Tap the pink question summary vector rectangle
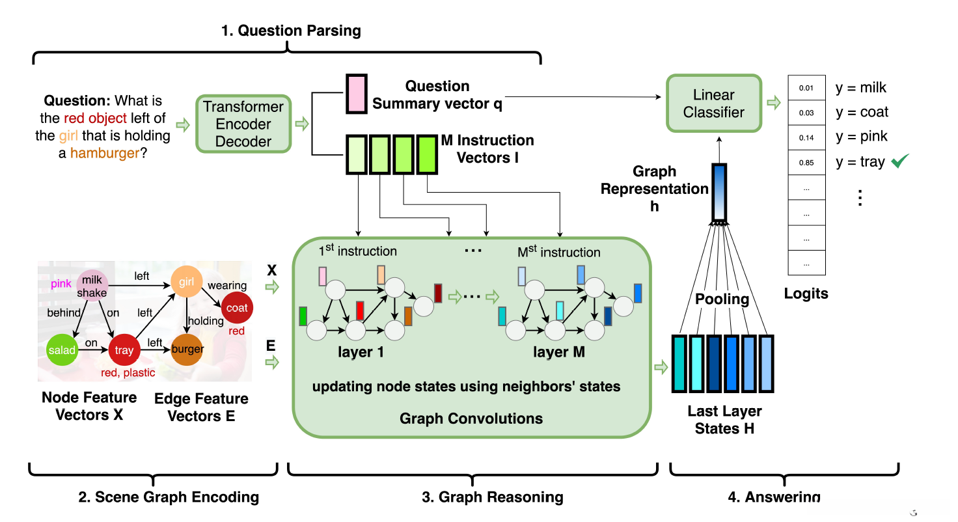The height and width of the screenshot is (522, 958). click(356, 94)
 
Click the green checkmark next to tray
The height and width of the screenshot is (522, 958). click(899, 161)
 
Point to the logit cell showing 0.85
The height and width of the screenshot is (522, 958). click(807, 163)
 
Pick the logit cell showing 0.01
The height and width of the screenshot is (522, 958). click(807, 88)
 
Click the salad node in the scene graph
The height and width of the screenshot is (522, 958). click(62, 350)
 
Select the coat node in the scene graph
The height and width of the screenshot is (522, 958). click(237, 308)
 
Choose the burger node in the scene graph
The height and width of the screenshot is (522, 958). click(187, 350)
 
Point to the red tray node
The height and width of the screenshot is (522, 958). click(124, 350)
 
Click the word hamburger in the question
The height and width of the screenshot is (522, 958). click(105, 154)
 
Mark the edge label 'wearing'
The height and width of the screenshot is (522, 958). click(227, 285)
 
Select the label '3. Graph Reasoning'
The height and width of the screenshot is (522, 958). click(492, 498)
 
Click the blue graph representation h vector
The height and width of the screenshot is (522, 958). click(719, 192)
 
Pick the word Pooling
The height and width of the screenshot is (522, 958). click(722, 299)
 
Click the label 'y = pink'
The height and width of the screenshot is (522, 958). click(862, 137)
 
